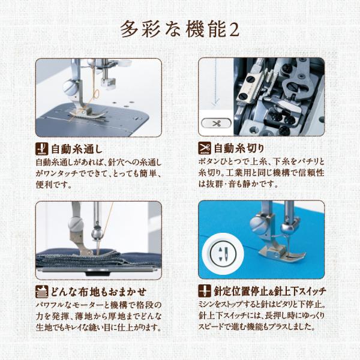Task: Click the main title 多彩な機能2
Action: (180, 29)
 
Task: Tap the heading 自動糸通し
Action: (76, 149)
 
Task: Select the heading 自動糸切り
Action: (239, 148)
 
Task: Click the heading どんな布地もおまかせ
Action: (98, 292)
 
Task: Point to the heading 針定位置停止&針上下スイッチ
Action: (270, 292)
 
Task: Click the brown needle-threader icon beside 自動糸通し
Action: (42, 148)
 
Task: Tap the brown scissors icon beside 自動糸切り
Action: (205, 148)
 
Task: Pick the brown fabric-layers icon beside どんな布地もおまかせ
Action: (42, 292)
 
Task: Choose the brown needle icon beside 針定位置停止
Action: (205, 291)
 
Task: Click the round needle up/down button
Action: (223, 254)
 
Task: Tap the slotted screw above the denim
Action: (76, 224)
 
